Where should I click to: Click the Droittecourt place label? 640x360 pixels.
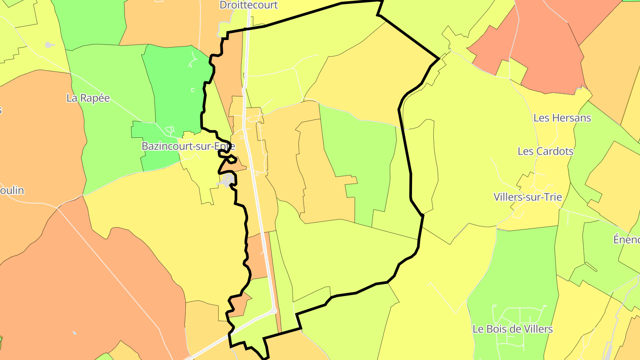[x=248, y=5]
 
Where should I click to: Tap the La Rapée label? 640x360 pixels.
[x=88, y=98]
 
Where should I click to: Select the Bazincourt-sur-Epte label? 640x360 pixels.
[x=188, y=146]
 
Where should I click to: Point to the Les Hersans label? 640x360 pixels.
[x=562, y=118]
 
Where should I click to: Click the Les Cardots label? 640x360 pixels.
[x=545, y=151]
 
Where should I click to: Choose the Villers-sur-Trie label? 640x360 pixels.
[x=528, y=197]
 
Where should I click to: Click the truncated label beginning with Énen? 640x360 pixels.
[x=626, y=240]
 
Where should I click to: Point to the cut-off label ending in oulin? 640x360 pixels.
[x=12, y=190]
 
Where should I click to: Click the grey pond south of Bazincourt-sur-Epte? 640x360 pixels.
[x=227, y=180]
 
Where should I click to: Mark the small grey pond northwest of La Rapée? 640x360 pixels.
[x=49, y=45]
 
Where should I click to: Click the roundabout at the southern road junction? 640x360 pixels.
[x=274, y=311]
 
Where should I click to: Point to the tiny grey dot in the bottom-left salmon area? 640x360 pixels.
[x=74, y=332]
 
